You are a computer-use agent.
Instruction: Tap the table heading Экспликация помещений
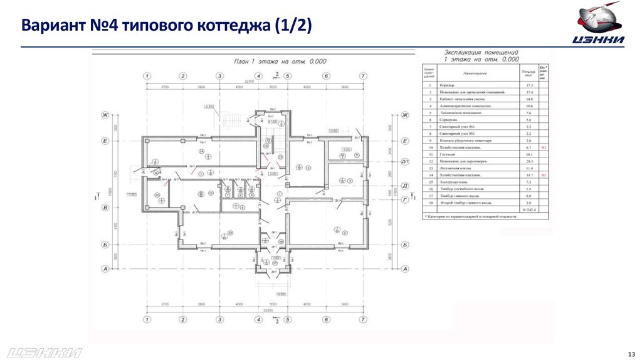[x=481, y=53]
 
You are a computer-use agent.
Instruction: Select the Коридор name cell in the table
[x=447, y=85]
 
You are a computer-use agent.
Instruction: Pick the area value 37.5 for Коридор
[x=529, y=85]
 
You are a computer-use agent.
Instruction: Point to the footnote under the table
[x=471, y=216]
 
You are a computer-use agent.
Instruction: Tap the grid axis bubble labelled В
[x=105, y=206]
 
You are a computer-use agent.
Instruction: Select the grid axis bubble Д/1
[x=405, y=162]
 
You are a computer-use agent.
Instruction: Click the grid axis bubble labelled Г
[x=404, y=199]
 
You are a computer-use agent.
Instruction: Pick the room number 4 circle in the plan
[x=299, y=167]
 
